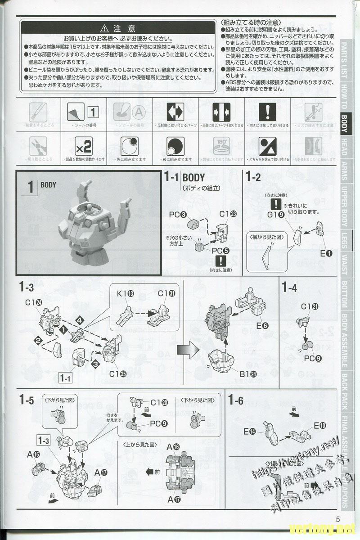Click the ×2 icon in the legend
click(x=83, y=146)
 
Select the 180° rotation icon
click(x=221, y=147)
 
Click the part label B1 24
click(x=248, y=373)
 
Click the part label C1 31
click(x=166, y=294)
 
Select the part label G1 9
click(x=275, y=215)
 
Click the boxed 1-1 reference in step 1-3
click(x=65, y=378)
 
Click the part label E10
click(x=320, y=425)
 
